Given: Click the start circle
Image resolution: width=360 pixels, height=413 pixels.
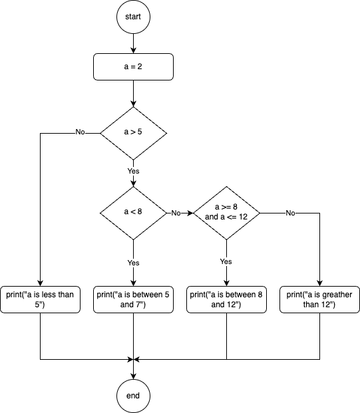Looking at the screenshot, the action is [133, 17].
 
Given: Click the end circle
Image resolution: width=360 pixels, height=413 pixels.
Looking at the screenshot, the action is [133, 396].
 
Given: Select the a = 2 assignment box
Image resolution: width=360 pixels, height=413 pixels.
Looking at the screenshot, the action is [133, 67].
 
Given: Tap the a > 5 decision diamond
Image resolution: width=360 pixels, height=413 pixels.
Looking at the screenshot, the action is [133, 133].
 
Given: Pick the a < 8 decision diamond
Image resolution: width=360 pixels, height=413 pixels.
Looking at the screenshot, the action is [133, 213].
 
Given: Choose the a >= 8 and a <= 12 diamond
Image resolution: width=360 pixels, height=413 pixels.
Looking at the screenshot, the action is [226, 213].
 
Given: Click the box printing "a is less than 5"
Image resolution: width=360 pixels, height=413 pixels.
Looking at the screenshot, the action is [40, 299].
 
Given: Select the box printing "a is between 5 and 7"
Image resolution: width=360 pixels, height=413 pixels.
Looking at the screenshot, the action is [133, 299].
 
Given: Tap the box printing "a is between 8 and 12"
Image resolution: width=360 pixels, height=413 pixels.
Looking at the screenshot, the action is [226, 299].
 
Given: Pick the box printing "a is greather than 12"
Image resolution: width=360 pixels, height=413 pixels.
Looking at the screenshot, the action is [319, 299].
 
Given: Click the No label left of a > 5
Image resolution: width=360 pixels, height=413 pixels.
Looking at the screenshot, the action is [80, 132].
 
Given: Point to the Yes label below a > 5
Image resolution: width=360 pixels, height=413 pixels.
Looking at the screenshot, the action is [133, 171].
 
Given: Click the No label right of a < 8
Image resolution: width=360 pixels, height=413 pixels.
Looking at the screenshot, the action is [176, 213].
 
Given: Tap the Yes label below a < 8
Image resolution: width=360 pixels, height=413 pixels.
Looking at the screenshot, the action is [133, 263].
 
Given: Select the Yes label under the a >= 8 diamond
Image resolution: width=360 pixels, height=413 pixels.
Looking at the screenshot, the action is [226, 261].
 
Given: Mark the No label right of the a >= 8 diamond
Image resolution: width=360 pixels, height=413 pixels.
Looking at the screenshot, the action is [290, 213].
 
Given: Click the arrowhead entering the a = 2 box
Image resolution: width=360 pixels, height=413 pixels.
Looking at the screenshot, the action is [133, 51].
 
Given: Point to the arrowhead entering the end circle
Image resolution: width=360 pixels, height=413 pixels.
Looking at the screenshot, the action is [133, 376].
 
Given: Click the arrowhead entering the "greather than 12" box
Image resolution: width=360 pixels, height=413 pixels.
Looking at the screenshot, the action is [319, 283].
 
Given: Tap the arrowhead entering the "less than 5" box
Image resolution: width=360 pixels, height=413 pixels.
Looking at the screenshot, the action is [40, 283].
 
